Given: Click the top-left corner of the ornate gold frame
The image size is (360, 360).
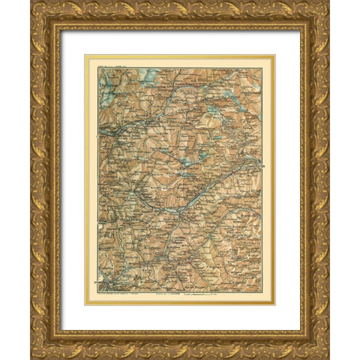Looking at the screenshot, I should pyautogui.click(x=31, y=1).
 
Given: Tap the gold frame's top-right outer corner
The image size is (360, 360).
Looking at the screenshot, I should pyautogui.click(x=329, y=1).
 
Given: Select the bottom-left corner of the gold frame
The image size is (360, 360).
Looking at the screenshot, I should pyautogui.click(x=31, y=358).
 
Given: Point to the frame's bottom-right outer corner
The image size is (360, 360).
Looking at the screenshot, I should pyautogui.click(x=329, y=358).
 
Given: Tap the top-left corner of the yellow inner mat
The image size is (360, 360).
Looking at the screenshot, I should pyautogui.click(x=85, y=55).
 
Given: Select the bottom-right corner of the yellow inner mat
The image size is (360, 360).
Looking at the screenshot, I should pyautogui.click(x=275, y=304).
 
